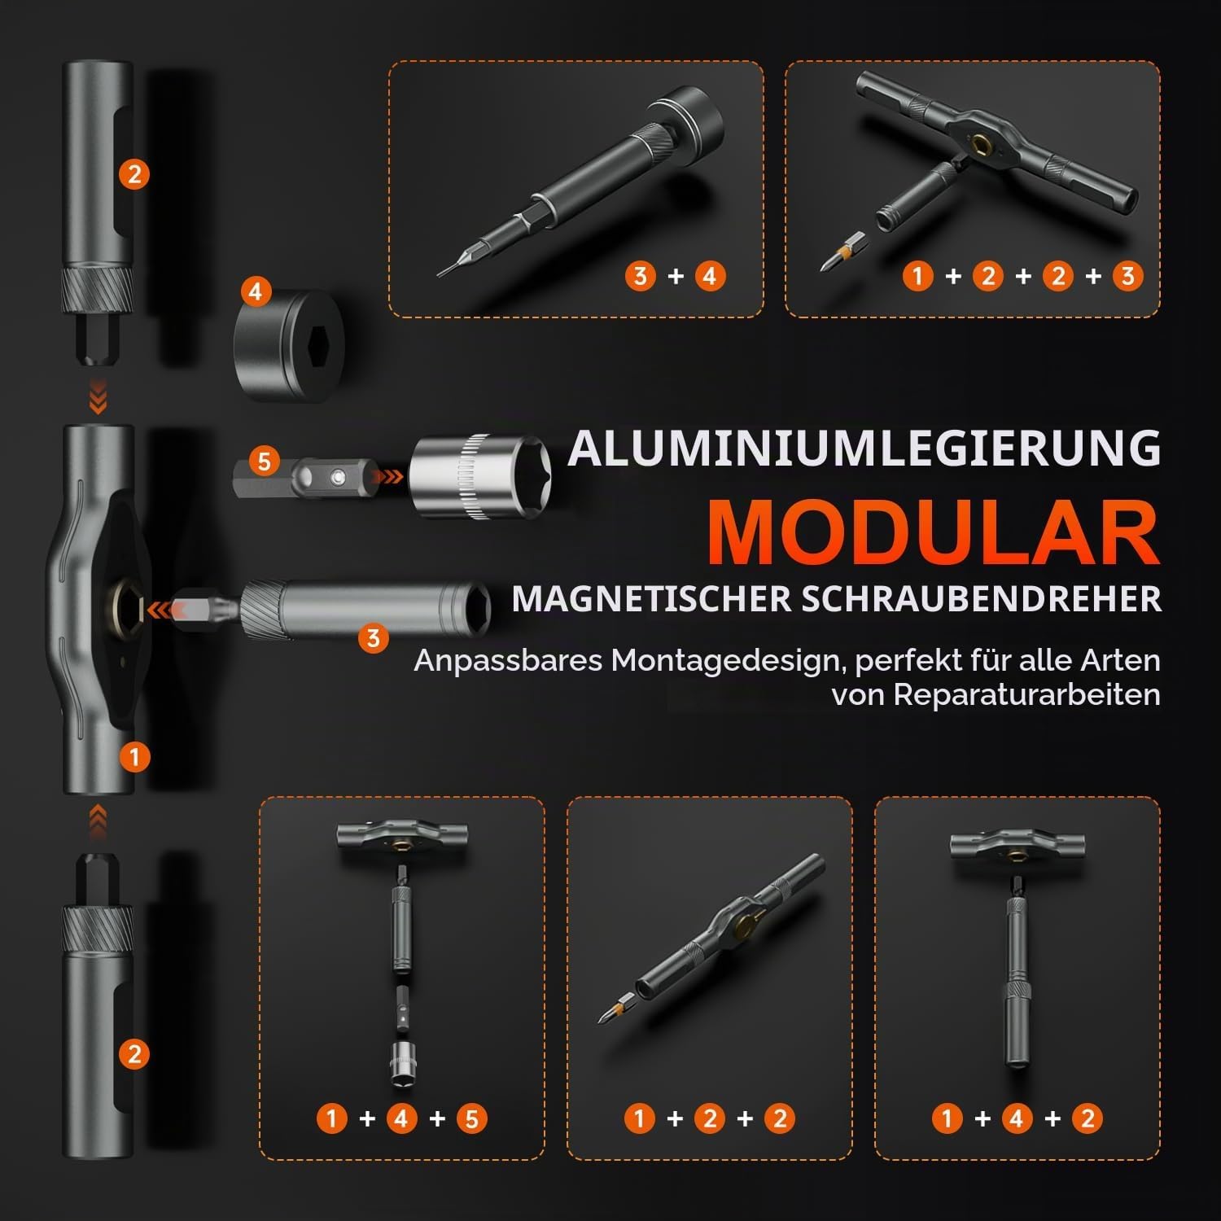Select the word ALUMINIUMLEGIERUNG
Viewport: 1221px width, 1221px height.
pyautogui.click(x=864, y=448)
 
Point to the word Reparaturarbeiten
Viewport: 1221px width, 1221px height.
pyautogui.click(x=1027, y=694)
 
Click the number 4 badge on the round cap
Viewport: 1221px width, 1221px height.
pyautogui.click(x=256, y=291)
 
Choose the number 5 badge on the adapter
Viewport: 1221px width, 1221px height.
pyautogui.click(x=263, y=462)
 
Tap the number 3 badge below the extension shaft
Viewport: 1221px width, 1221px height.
pyautogui.click(x=373, y=637)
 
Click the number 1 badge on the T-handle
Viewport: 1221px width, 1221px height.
pyautogui.click(x=134, y=757)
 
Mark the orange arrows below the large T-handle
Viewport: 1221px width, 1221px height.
pyautogui.click(x=98, y=822)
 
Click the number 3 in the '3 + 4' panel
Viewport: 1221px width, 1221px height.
pyautogui.click(x=640, y=276)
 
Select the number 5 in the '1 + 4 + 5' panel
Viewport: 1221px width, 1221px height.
pyautogui.click(x=472, y=1118)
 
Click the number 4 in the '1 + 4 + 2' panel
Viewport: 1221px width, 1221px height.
pyautogui.click(x=1017, y=1118)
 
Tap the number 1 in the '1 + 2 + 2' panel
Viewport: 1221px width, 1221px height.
pyautogui.click(x=639, y=1118)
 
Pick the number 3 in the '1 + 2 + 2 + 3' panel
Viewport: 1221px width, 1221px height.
pyautogui.click(x=1127, y=276)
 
